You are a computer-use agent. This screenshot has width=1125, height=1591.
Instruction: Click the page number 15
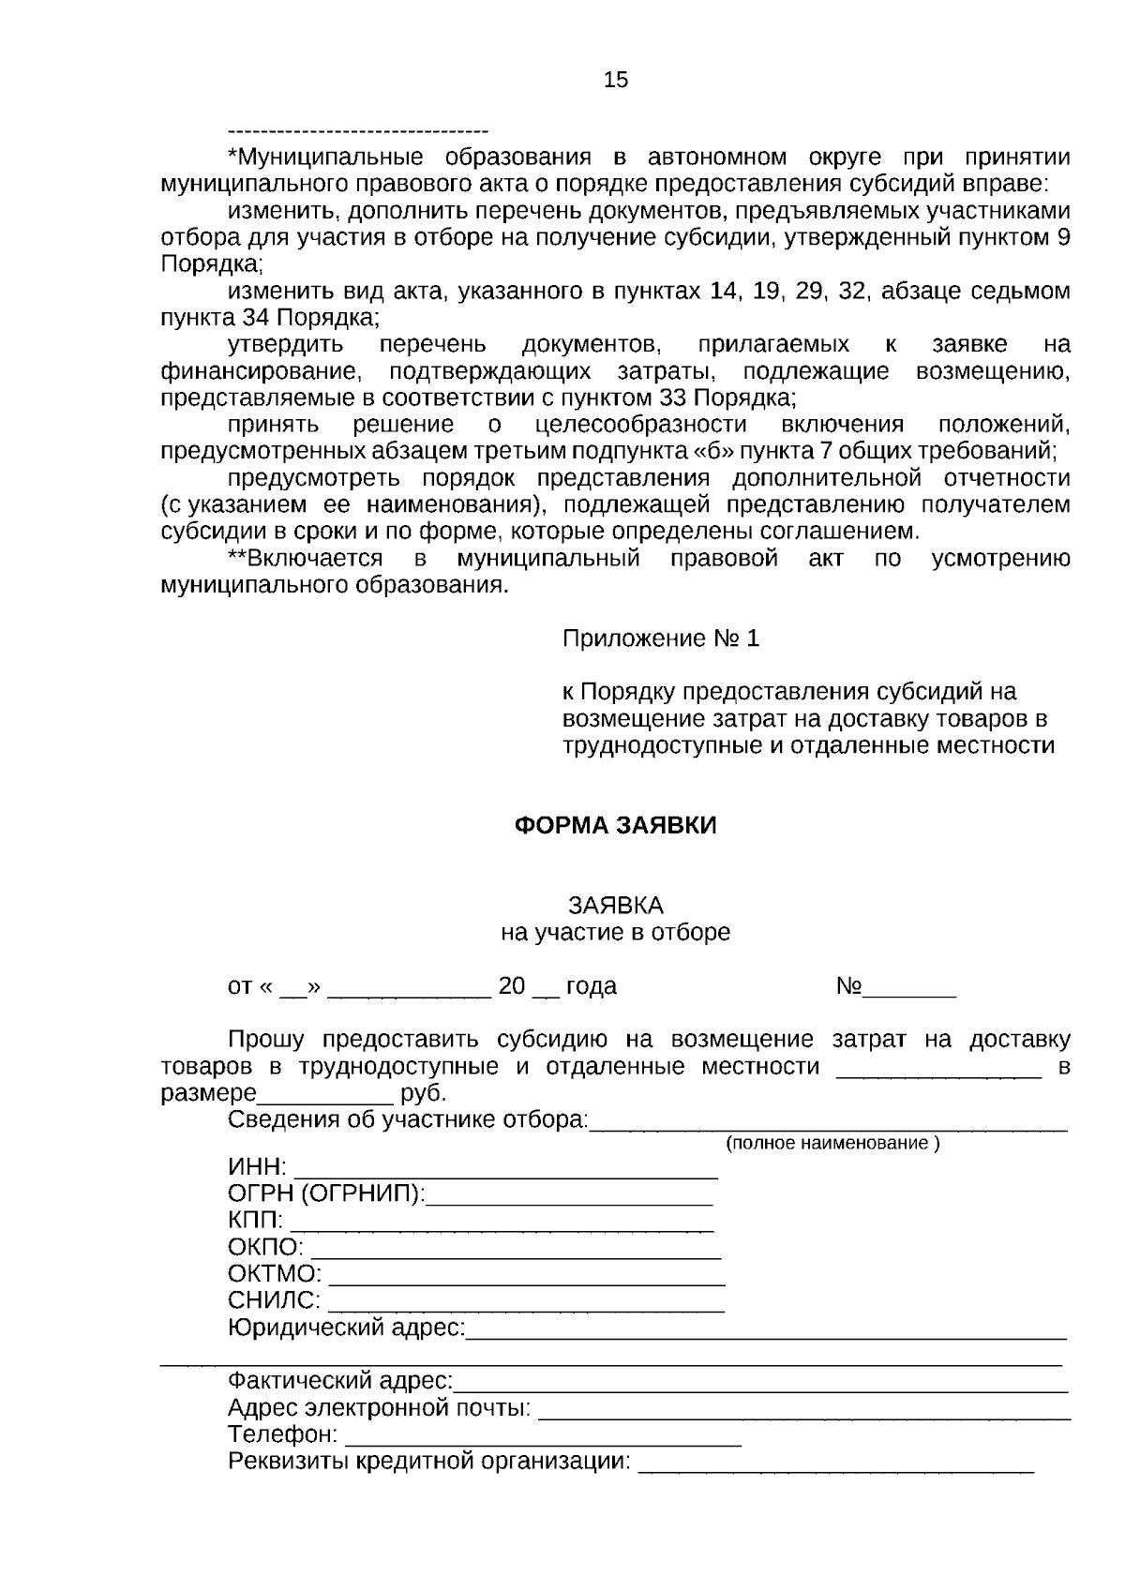point(616,81)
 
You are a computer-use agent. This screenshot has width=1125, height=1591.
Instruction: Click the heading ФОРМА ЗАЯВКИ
point(616,826)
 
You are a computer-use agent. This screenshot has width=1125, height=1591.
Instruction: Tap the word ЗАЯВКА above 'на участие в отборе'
point(615,906)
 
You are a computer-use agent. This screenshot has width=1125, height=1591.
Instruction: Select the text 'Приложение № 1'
point(660,639)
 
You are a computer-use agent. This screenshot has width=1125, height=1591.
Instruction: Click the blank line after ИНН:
point(506,1170)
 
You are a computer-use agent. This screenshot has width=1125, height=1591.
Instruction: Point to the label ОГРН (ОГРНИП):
point(325,1195)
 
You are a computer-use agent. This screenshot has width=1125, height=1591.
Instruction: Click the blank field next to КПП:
point(502,1223)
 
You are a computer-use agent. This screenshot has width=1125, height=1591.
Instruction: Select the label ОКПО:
point(265,1249)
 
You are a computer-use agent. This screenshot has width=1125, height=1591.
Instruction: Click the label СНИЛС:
point(274,1302)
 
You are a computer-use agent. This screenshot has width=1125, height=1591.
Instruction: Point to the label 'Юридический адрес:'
point(346,1328)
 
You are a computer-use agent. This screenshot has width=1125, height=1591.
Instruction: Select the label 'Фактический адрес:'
point(340,1382)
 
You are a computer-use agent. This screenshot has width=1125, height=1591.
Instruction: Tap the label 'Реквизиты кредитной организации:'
point(429,1463)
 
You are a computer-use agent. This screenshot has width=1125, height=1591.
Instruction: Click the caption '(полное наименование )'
point(832,1144)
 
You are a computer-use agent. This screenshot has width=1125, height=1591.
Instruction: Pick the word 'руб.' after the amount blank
point(424,1094)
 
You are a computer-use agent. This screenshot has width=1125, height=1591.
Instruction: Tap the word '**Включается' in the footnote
point(306,560)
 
